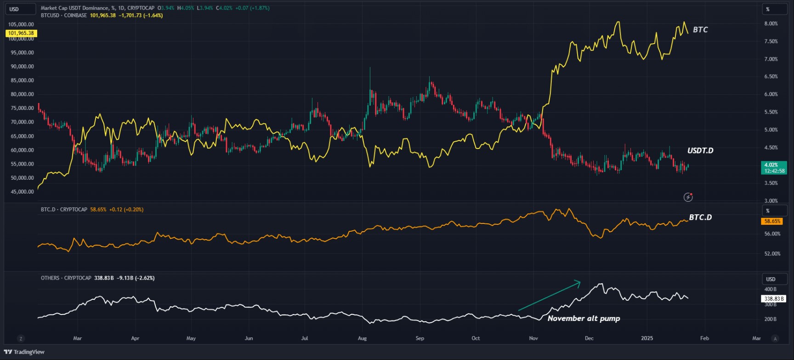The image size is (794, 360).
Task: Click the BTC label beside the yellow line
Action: click(x=700, y=30)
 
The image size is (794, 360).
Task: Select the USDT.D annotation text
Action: click(x=700, y=151)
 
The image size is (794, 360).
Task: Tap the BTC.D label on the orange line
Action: click(x=700, y=217)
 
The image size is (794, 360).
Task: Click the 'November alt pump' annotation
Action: click(x=584, y=319)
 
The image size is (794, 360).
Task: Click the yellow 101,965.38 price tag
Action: click(x=21, y=33)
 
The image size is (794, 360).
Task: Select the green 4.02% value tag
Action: click(x=774, y=168)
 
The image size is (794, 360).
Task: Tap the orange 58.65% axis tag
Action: click(x=772, y=221)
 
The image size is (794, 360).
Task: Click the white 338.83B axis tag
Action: click(x=774, y=299)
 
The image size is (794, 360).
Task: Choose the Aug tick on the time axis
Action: click(x=362, y=338)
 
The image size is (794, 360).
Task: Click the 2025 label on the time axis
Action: click(x=647, y=338)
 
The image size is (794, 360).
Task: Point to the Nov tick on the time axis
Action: click(x=533, y=338)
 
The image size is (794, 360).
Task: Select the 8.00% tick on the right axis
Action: click(x=771, y=24)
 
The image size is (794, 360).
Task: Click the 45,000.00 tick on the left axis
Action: click(x=22, y=192)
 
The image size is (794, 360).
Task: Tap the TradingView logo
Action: click(x=24, y=352)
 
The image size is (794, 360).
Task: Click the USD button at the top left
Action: click(x=20, y=9)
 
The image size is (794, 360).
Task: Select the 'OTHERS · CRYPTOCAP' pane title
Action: click(x=66, y=278)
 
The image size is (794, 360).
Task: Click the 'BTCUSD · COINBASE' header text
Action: click(x=63, y=16)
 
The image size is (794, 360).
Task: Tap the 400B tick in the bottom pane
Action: click(x=770, y=290)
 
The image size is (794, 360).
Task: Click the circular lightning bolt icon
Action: click(x=688, y=197)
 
